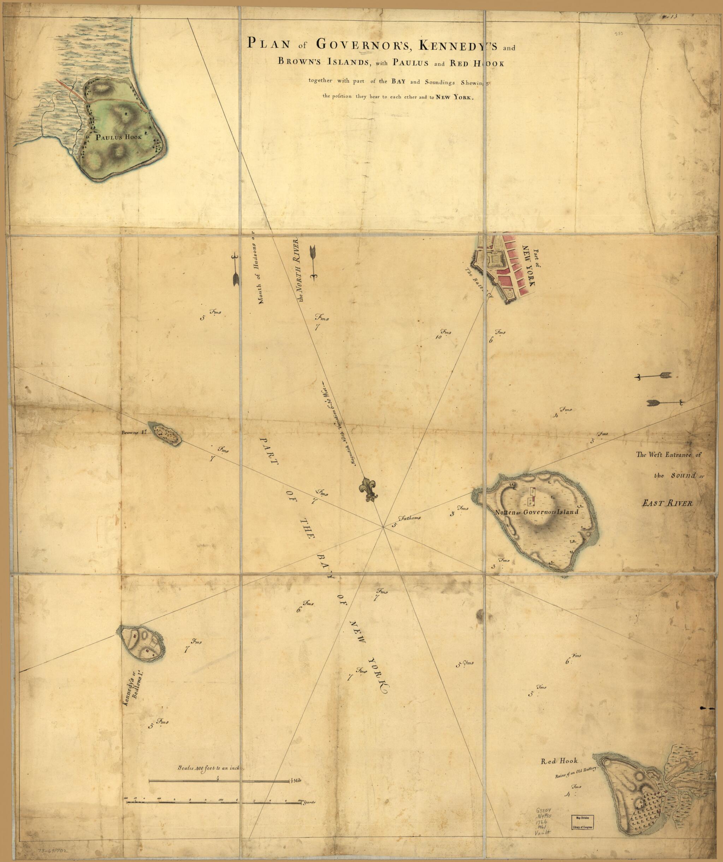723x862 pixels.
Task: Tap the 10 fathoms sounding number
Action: point(438,337)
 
